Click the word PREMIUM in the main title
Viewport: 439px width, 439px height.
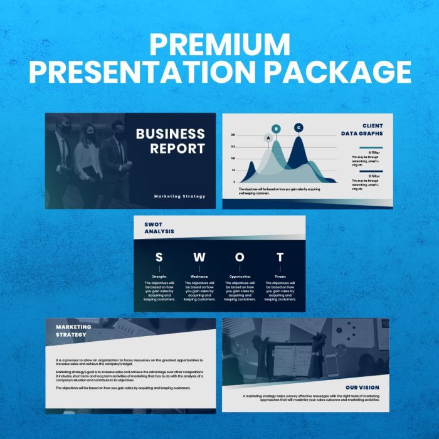[219, 45]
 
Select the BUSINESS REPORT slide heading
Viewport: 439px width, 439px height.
[171, 141]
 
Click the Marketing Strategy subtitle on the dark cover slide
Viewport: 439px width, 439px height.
[179, 196]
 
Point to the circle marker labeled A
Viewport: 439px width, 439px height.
[268, 137]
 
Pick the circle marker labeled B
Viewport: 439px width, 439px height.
[277, 129]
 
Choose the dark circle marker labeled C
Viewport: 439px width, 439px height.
[299, 128]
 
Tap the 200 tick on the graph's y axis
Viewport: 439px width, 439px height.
[232, 135]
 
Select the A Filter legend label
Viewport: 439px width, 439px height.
[374, 152]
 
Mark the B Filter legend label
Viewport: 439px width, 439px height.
[374, 176]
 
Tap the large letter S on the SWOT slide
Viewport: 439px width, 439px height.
[159, 257]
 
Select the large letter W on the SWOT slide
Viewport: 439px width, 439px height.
[199, 257]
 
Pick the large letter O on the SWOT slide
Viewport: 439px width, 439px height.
[240, 257]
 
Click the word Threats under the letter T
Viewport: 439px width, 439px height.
[280, 276]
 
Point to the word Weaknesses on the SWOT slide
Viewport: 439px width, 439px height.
[199, 276]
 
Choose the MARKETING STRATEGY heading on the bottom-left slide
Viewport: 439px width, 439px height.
[73, 331]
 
